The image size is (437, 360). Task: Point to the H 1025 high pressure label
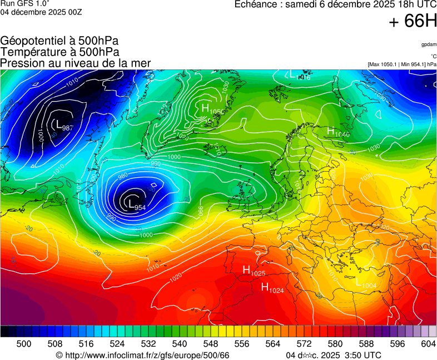254,271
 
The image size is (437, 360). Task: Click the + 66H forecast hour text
413,22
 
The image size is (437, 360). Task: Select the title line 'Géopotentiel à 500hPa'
59,41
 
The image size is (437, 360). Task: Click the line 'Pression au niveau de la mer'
76,63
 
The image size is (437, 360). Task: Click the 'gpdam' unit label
429,44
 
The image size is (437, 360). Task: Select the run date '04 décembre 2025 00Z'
41,12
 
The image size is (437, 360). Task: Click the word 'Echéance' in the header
257,4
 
